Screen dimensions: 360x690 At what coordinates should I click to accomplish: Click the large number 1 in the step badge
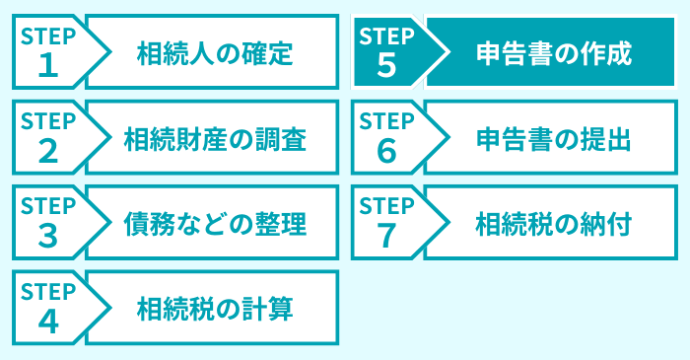(x=47, y=66)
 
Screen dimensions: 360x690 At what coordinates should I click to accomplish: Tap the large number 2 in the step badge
(x=47, y=152)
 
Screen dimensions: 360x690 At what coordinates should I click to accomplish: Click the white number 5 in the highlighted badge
(x=386, y=66)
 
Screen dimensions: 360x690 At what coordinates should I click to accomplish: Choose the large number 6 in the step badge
(x=386, y=152)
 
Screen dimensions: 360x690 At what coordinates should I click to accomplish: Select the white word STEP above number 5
(x=387, y=37)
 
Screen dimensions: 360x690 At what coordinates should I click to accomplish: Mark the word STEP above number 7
(x=387, y=207)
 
